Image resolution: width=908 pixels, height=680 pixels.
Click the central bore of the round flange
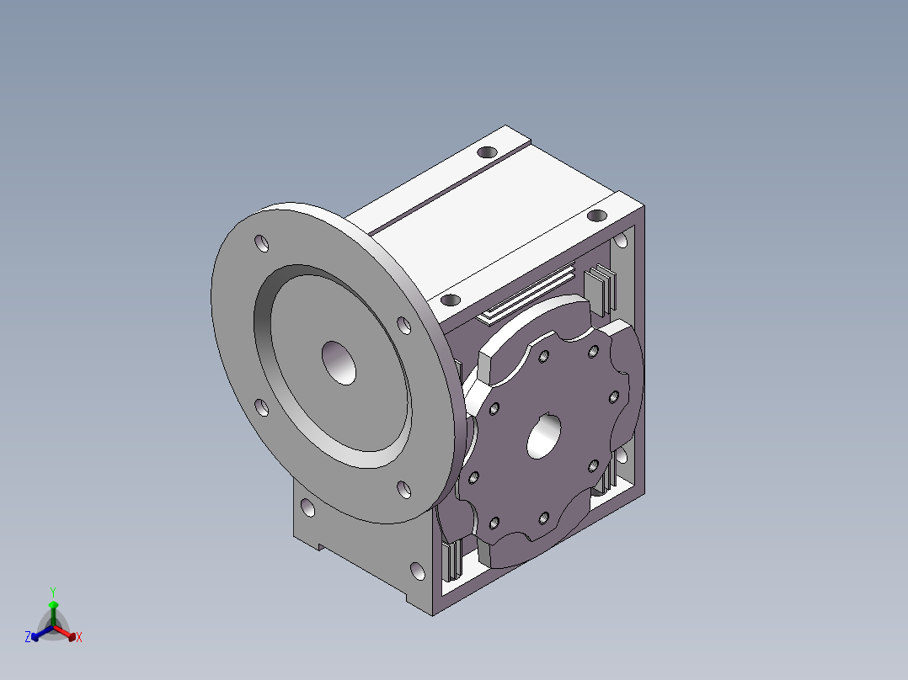(x=339, y=364)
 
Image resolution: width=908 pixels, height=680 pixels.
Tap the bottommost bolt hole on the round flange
(x=403, y=490)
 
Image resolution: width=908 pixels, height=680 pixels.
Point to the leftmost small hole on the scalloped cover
(x=473, y=478)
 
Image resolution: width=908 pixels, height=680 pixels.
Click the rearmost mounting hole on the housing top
(x=487, y=152)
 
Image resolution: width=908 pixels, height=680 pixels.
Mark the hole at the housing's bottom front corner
(x=419, y=573)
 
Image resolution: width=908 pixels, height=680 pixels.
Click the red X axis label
(x=79, y=638)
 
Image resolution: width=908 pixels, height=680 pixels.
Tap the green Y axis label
(x=53, y=591)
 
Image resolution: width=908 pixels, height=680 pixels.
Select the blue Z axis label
(x=28, y=638)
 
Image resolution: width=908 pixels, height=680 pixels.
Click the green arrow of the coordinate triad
(x=53, y=609)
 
